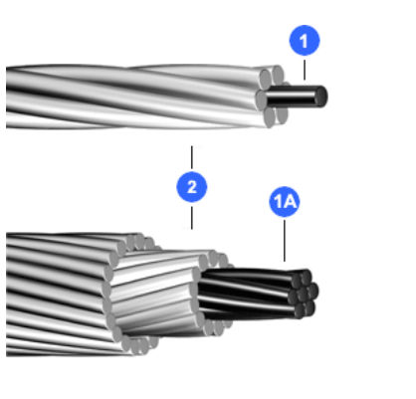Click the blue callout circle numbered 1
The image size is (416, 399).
click(305, 40)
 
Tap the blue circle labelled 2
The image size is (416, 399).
click(192, 187)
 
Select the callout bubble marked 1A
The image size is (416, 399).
click(285, 201)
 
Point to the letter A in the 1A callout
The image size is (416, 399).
click(290, 201)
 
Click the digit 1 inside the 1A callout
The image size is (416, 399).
click(278, 201)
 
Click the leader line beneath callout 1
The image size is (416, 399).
click(305, 70)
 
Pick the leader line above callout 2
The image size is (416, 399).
click(192, 157)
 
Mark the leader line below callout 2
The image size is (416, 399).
click(192, 218)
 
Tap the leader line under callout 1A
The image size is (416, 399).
click(285, 241)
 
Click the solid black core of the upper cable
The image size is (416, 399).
click(297, 97)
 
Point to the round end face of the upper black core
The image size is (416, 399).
click(321, 97)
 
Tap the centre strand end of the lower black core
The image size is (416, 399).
click(302, 294)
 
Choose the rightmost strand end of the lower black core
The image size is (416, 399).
click(313, 291)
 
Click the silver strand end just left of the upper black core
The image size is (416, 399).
click(261, 99)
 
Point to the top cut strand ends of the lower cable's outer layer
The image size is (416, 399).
click(139, 242)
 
